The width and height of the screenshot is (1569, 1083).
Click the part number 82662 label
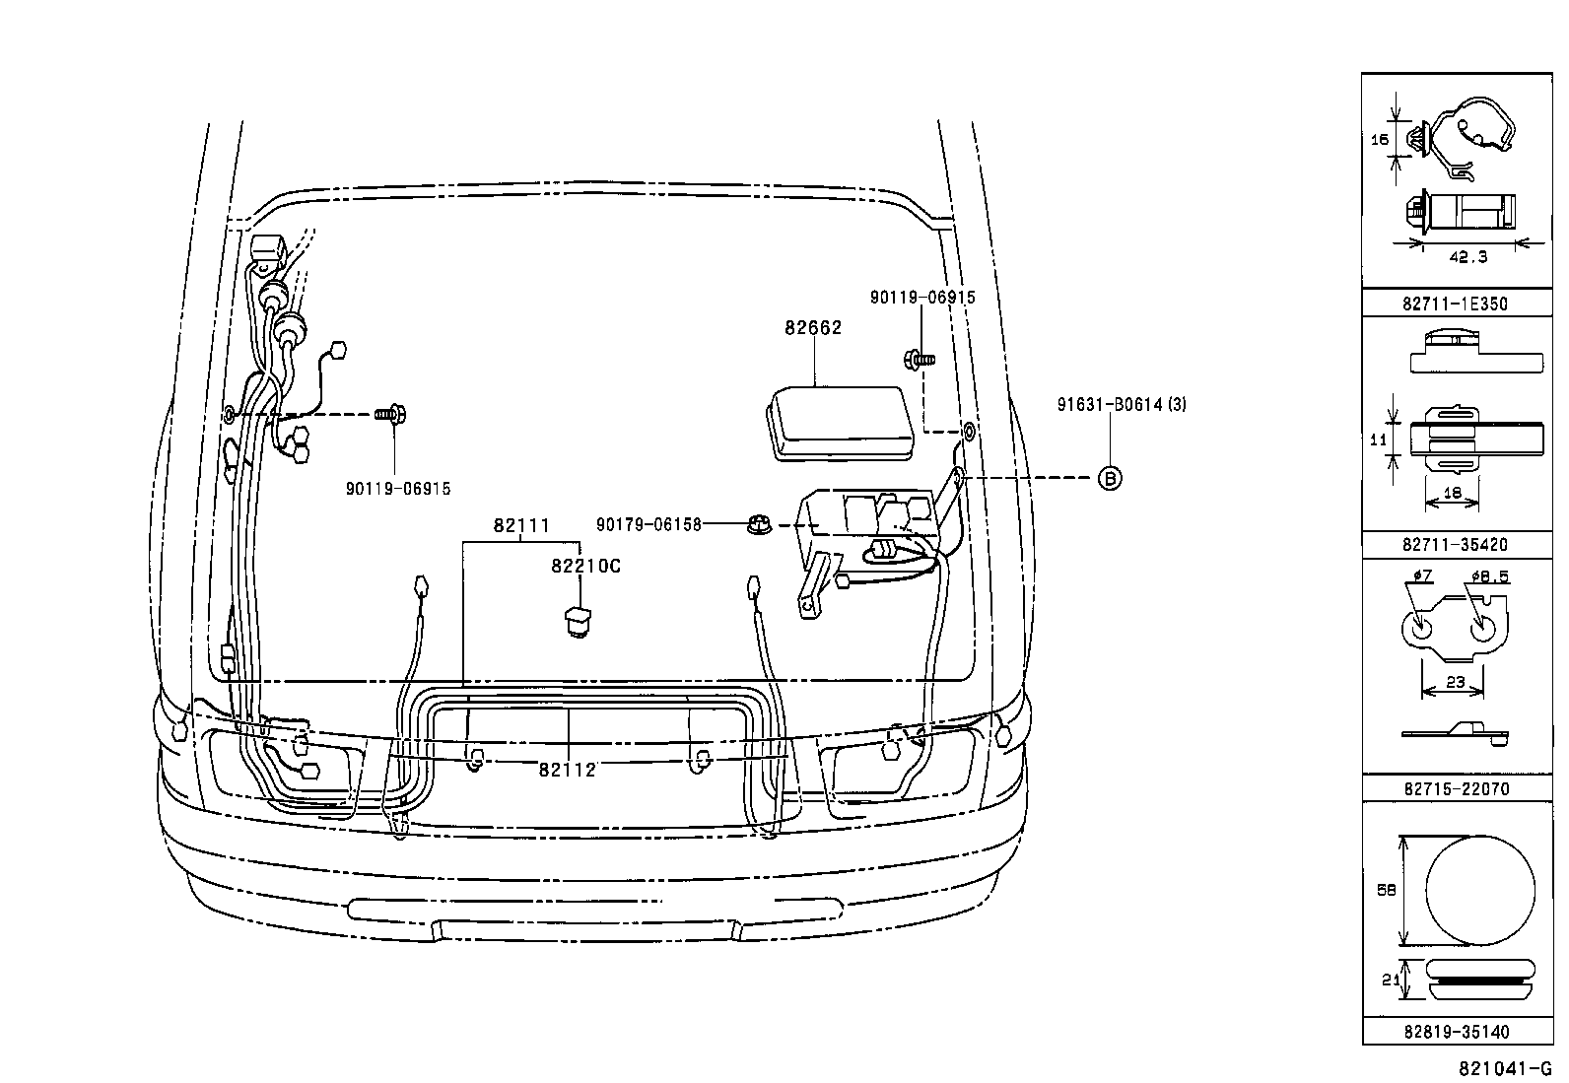pos(812,328)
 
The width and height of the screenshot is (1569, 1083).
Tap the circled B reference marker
pos(1110,479)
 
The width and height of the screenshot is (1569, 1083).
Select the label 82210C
pos(585,566)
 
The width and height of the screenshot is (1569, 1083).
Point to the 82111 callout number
pos(521,525)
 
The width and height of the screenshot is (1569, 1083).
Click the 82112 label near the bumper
pos(567,770)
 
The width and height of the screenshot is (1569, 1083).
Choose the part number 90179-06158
pos(648,524)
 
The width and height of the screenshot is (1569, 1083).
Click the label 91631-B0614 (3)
pos(1122,404)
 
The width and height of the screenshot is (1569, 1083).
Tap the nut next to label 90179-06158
pos(760,524)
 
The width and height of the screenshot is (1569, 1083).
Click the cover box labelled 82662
pos(840,423)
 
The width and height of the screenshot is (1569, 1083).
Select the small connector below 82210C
pos(578,622)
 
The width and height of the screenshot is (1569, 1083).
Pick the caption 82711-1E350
pos(1455,305)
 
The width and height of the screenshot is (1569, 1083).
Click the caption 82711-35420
pos(1455,544)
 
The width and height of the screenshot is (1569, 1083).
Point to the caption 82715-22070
pos(1457,788)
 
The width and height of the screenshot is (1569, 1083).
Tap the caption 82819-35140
pos(1457,1032)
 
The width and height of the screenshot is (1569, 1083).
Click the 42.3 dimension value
pos(1468,257)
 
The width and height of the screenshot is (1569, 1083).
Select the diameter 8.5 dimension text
pos(1490,576)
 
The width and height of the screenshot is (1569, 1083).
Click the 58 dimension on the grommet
pos(1387,890)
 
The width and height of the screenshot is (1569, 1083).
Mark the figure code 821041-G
pos(1505,1069)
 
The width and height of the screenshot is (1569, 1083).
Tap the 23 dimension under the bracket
pos(1455,682)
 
